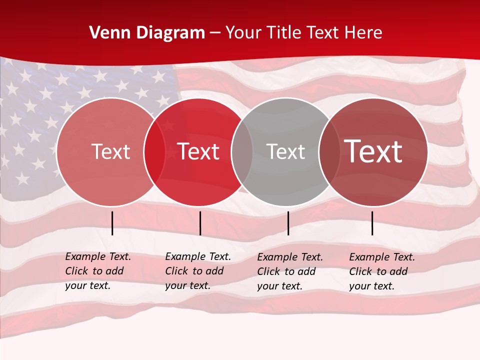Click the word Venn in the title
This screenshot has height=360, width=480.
tap(110, 33)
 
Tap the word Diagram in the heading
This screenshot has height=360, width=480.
tap(170, 33)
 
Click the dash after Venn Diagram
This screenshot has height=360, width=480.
tap(214, 33)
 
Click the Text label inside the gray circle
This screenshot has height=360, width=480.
tap(285, 152)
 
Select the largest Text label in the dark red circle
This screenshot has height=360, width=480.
tap(373, 151)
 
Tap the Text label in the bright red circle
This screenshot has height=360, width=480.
tap(198, 151)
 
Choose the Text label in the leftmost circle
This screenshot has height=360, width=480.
tap(110, 151)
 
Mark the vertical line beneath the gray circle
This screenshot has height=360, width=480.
tap(288, 223)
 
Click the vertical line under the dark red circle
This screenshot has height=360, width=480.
tap(372, 223)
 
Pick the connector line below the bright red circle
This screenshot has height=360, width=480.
tap(200, 223)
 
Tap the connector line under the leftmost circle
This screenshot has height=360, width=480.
tap(112, 223)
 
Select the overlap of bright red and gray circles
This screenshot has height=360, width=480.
tap(241, 152)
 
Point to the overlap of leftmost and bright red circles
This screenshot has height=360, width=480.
tap(154, 152)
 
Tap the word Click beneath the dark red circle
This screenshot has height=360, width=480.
tap(360, 271)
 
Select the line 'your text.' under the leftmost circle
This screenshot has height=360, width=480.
tap(87, 285)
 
